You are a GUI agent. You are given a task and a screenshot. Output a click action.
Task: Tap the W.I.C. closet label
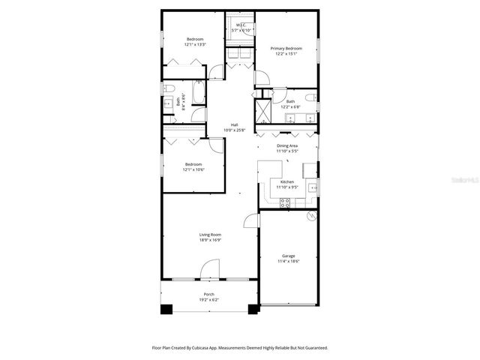(241, 25)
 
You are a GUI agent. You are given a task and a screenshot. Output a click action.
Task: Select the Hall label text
(235, 124)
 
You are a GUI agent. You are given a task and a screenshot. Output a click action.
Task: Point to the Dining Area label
(287, 145)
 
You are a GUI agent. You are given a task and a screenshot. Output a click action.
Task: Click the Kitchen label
(287, 181)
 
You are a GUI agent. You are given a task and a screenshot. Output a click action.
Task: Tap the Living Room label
(210, 235)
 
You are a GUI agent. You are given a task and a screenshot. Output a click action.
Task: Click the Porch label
(209, 294)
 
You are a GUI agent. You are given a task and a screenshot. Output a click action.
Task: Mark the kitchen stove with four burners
(286, 202)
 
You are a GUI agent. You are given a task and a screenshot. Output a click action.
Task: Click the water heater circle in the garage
(312, 217)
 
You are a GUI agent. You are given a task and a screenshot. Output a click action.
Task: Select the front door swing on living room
(211, 269)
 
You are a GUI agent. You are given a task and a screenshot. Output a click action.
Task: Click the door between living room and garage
(252, 220)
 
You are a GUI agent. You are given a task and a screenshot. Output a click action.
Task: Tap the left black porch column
(167, 308)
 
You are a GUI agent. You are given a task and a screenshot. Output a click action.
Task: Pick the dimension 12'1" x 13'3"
(195, 44)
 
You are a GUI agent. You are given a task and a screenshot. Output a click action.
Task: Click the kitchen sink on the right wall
(313, 186)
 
